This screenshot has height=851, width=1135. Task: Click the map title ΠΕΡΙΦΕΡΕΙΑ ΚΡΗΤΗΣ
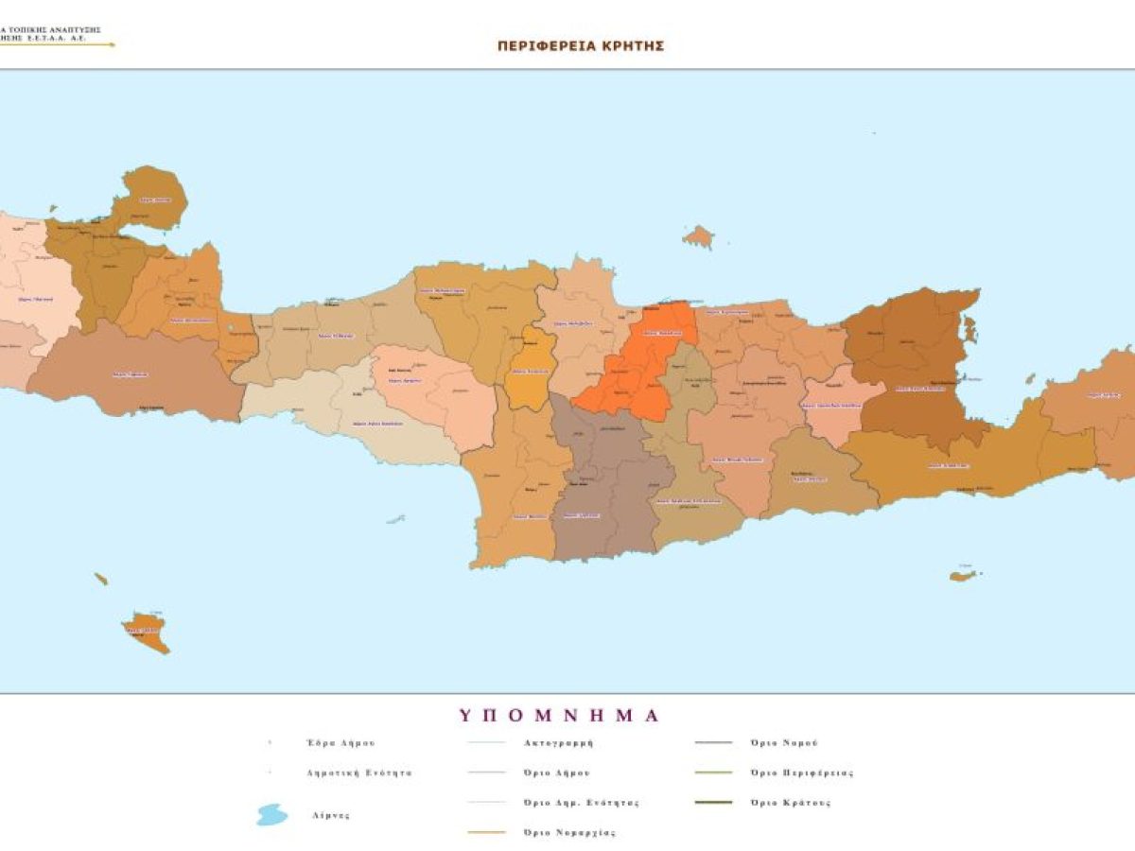click(x=581, y=45)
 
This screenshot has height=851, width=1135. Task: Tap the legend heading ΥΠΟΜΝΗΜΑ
click(x=560, y=715)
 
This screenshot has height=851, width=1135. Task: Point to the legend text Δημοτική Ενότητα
click(x=359, y=773)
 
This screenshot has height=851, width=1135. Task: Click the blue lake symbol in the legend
click(x=272, y=815)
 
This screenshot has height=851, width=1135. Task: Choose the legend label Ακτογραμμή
click(x=558, y=743)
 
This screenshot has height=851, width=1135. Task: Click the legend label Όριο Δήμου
click(x=557, y=773)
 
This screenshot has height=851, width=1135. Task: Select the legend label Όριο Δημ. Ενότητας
click(x=581, y=803)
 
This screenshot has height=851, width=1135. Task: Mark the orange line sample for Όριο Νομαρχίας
click(x=487, y=833)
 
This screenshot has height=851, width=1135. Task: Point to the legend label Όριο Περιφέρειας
click(x=801, y=773)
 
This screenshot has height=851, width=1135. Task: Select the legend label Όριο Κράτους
click(x=790, y=803)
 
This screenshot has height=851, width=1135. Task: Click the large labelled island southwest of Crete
click(x=147, y=632)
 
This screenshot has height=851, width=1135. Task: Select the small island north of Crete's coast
click(x=698, y=236)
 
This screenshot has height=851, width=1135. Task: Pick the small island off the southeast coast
click(x=963, y=575)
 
